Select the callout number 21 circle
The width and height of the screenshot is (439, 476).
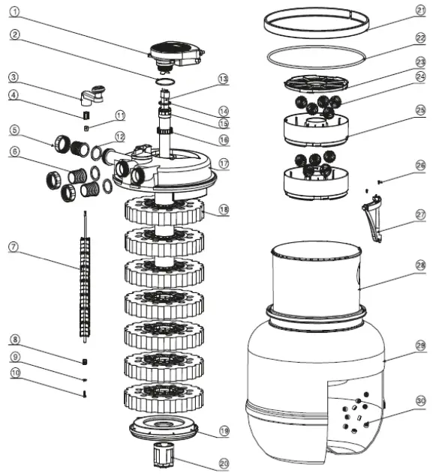[x=419, y=10]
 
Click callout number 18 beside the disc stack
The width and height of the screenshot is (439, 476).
[x=224, y=209]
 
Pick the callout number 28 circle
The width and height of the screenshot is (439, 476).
[x=419, y=265]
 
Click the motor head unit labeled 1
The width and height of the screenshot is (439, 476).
[x=176, y=52]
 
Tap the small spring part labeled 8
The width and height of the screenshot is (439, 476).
[x=86, y=364]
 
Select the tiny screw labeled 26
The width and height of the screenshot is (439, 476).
[x=382, y=181]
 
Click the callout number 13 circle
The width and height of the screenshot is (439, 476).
[x=223, y=79]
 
